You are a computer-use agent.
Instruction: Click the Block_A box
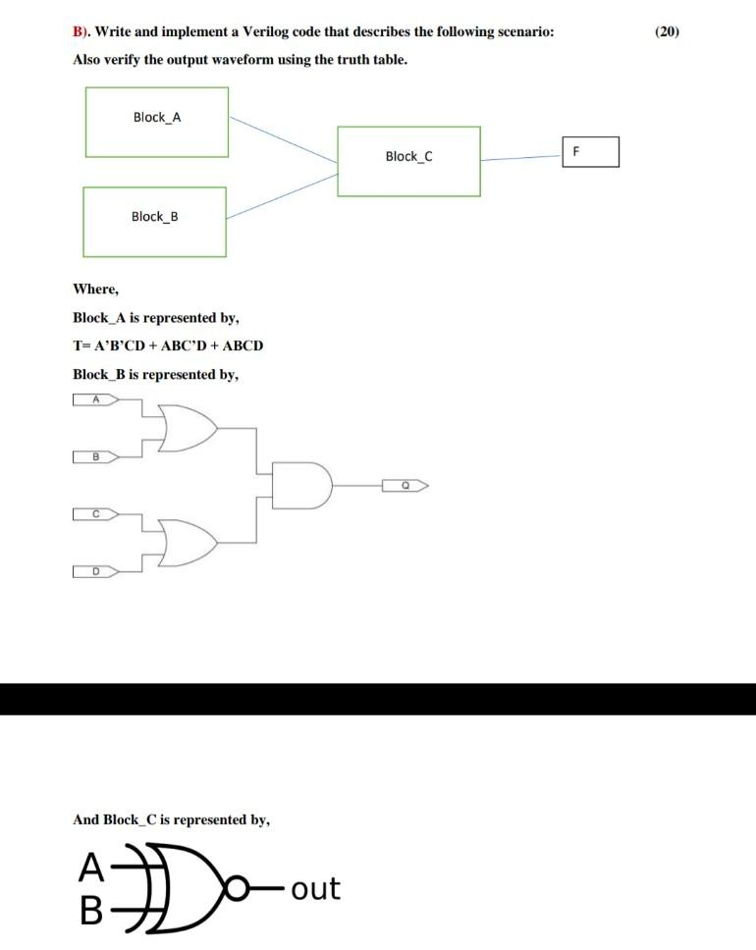157,122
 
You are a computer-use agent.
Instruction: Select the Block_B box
154,222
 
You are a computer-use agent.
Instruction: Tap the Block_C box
408,161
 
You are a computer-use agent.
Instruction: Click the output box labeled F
590,152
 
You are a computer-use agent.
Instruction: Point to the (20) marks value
666,32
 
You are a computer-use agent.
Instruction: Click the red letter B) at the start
81,32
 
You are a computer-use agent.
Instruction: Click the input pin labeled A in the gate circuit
95,399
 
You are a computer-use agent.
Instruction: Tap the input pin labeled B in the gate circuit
95,456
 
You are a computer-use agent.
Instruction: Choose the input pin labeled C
95,513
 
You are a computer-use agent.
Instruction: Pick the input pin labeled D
95,571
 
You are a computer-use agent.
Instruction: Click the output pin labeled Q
405,485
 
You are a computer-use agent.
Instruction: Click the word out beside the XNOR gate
315,889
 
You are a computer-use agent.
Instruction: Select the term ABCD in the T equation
244,345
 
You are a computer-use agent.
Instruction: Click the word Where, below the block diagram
95,289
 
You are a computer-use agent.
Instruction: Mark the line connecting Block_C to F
520,158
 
